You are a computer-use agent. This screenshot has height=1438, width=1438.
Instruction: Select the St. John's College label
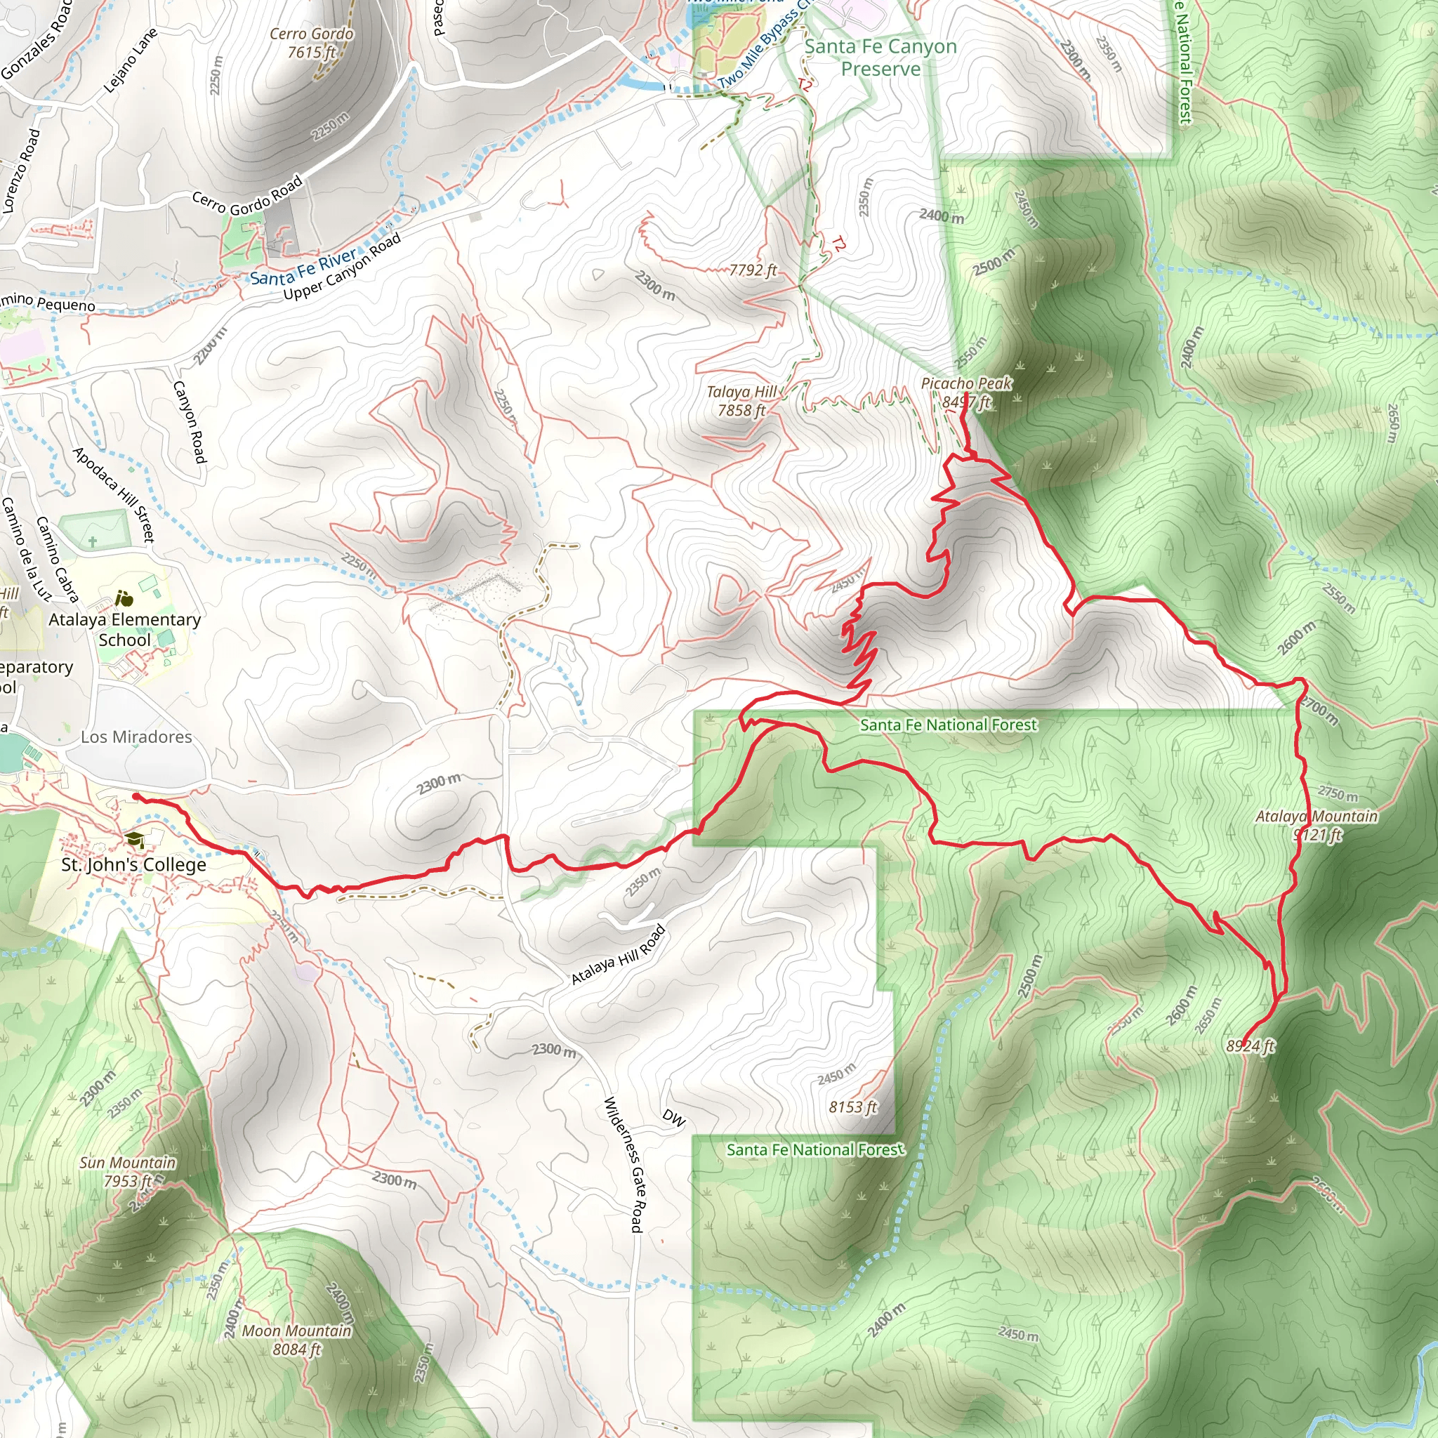point(133,865)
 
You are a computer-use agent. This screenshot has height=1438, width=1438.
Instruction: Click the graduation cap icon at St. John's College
point(135,840)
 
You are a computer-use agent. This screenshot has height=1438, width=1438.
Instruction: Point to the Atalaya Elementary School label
point(125,630)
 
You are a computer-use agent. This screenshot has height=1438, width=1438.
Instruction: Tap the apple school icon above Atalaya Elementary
point(124,598)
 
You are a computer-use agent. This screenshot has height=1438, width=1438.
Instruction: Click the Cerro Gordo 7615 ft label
point(311,43)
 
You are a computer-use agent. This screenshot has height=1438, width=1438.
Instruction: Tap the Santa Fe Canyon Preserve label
point(880,58)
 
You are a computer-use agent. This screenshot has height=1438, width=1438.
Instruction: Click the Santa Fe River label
point(303,268)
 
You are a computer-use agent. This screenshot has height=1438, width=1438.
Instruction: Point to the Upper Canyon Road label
point(343,266)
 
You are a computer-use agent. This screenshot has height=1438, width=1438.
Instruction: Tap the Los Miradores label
point(136,737)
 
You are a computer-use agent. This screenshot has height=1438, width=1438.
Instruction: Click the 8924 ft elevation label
point(1251,1046)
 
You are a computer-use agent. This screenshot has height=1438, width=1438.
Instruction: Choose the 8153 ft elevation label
point(853,1107)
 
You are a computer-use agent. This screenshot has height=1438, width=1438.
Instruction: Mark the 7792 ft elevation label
point(753,270)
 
